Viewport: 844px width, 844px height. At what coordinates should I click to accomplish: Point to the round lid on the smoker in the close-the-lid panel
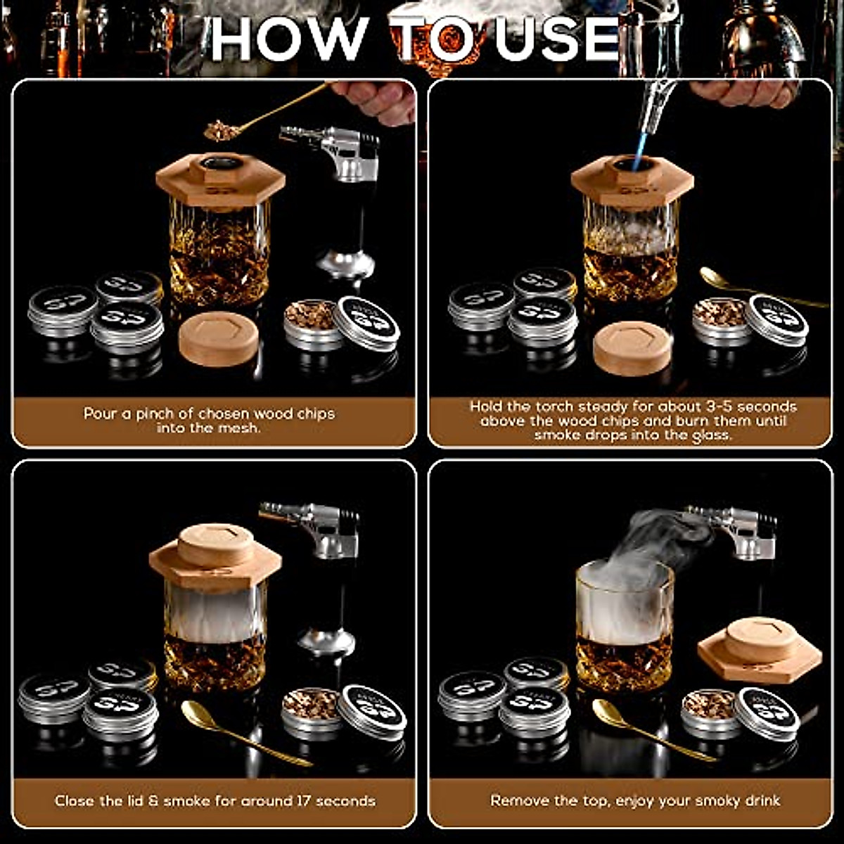216,544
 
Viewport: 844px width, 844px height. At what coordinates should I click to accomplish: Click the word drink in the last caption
759,800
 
